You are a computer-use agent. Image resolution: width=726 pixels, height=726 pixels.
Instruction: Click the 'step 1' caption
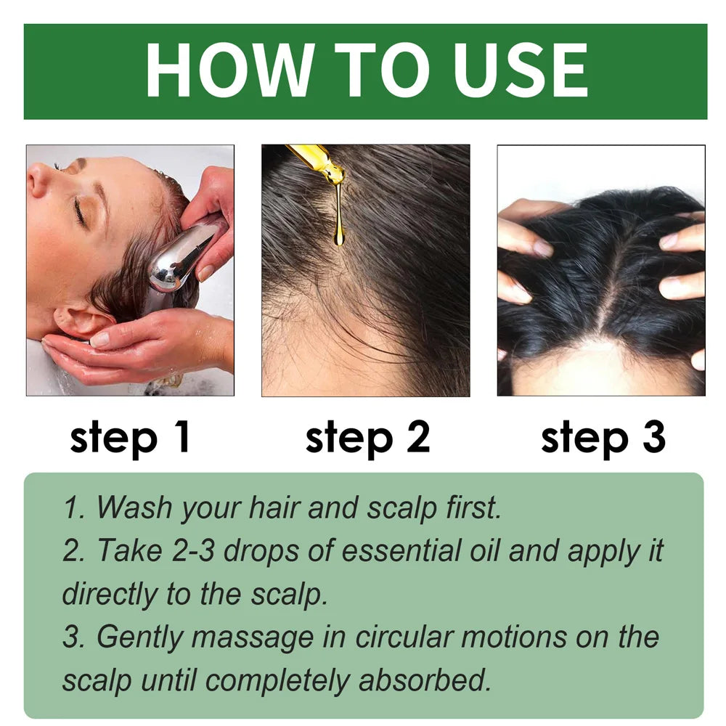(x=130, y=438)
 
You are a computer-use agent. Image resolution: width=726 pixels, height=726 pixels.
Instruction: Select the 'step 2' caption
(x=367, y=438)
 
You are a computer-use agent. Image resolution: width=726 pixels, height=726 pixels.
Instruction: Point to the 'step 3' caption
(x=603, y=438)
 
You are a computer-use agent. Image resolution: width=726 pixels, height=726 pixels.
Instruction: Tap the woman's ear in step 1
(x=80, y=319)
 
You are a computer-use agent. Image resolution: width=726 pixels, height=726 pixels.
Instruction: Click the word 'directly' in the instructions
(x=110, y=594)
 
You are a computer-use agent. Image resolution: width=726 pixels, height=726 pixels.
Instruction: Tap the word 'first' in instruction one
(x=472, y=508)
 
